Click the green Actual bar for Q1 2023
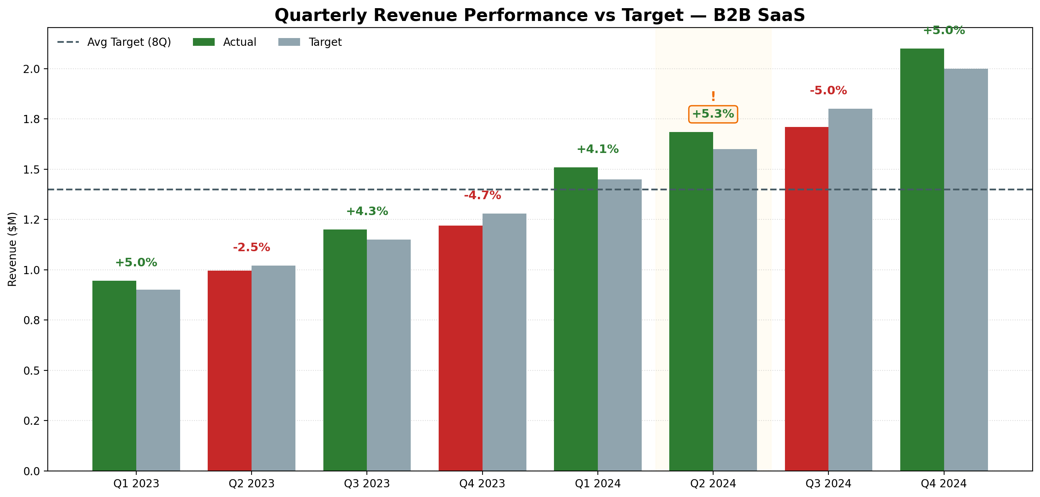pyautogui.click(x=114, y=375)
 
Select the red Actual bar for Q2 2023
pyautogui.click(x=229, y=371)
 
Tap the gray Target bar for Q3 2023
pyautogui.click(x=389, y=355)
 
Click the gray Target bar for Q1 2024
pyautogui.click(x=619, y=325)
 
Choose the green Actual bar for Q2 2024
pyautogui.click(x=691, y=301)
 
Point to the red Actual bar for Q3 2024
pyautogui.click(x=806, y=299)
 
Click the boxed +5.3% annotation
pyautogui.click(x=713, y=114)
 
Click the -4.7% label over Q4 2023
pyautogui.click(x=483, y=195)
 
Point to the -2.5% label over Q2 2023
pyautogui.click(x=251, y=247)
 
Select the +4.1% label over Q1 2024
pyautogui.click(x=597, y=149)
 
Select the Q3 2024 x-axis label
pyautogui.click(x=828, y=483)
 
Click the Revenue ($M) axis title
pyautogui.click(x=12, y=249)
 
